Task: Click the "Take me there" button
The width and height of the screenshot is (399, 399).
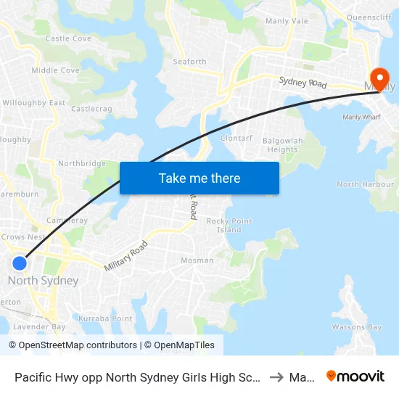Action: coord(199,178)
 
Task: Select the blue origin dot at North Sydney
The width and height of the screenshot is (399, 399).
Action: coord(20,263)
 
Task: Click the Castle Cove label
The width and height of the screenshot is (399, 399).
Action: coord(68,38)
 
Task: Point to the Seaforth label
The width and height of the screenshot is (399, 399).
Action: coord(189,62)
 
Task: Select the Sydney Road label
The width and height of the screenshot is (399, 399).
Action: coord(303,83)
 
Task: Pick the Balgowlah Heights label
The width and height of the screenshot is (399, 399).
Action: coord(282,144)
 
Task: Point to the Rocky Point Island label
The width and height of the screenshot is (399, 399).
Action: coord(229,225)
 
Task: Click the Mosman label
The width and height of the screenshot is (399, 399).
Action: coord(197,260)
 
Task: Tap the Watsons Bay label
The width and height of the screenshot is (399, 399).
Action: coord(356,327)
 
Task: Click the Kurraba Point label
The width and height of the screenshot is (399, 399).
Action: coord(105,318)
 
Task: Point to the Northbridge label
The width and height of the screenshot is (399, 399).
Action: coord(82,163)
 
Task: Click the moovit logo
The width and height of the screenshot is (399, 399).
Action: coord(355,376)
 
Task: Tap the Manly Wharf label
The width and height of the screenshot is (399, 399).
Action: coord(361,116)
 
